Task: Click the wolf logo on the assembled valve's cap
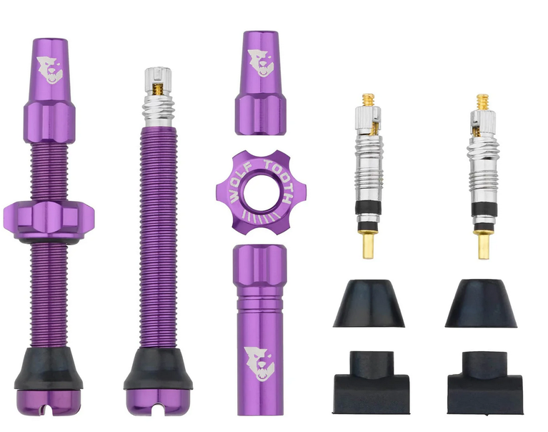click(x=49, y=70)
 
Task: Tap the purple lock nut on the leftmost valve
click(x=49, y=220)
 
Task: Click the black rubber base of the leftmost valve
click(x=49, y=368)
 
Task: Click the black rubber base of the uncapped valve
click(x=158, y=368)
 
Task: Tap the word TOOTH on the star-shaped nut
click(x=279, y=180)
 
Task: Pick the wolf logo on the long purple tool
click(x=259, y=364)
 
